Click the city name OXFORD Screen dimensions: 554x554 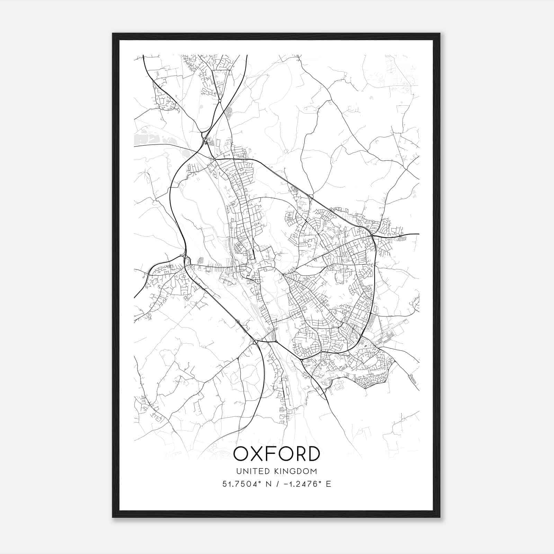tap(276, 454)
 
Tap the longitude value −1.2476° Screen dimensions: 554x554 tap(299, 484)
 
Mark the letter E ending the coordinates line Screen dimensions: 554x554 tap(328, 484)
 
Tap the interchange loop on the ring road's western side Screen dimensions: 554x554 tap(186, 260)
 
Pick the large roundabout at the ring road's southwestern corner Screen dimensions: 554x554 tap(256, 342)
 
